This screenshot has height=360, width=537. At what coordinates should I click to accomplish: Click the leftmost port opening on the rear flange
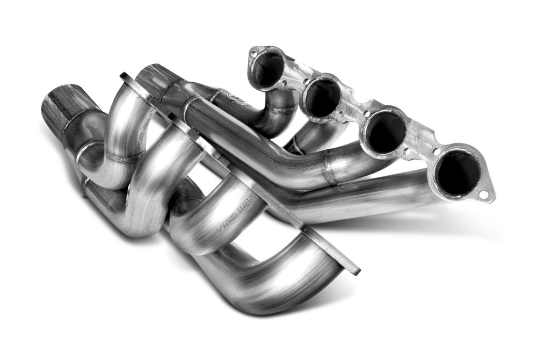[267, 69]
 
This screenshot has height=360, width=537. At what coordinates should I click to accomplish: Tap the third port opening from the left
[387, 132]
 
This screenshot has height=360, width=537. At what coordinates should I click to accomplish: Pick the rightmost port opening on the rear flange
[458, 172]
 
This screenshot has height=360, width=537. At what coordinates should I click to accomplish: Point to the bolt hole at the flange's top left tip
[255, 53]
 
